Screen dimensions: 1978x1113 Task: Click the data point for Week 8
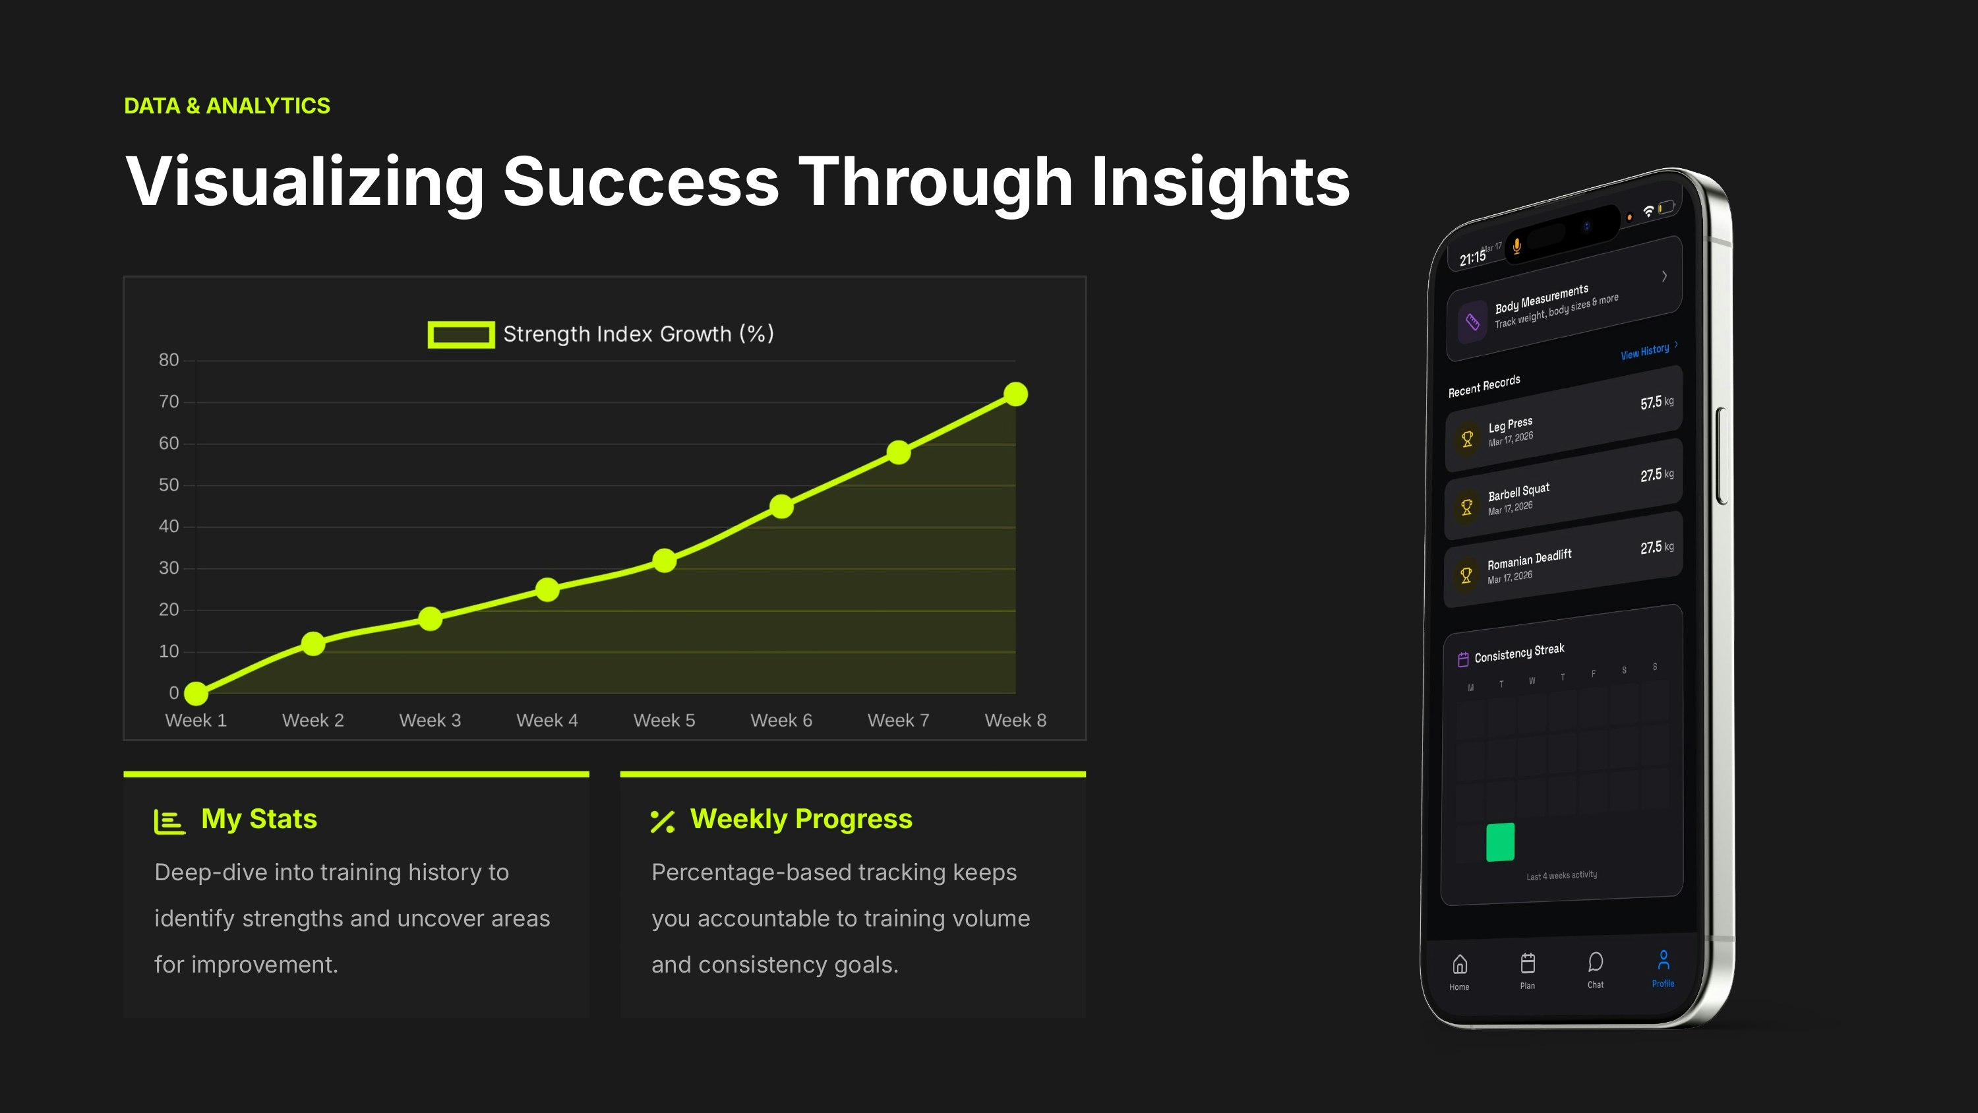click(1015, 394)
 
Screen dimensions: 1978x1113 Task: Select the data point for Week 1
click(196, 693)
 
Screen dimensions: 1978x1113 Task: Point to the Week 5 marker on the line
click(664, 560)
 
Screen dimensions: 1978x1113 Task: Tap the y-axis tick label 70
click(169, 402)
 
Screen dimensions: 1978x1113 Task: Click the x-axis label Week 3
click(430, 721)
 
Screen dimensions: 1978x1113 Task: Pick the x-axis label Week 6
click(781, 721)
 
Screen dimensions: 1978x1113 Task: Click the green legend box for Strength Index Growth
click(461, 334)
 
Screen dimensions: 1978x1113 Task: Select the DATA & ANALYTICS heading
click(227, 106)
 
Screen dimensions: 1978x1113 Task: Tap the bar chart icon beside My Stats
click(169, 821)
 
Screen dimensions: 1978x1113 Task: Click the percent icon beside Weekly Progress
click(663, 821)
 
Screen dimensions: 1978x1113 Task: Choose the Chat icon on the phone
click(1596, 962)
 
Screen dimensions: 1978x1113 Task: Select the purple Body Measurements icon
click(1472, 321)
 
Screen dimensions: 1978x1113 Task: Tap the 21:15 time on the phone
click(1473, 258)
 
